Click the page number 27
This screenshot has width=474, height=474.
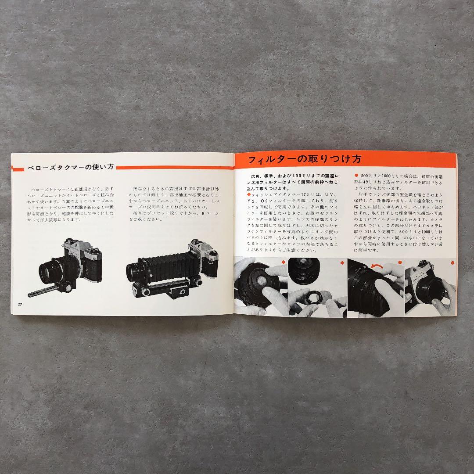point(20,305)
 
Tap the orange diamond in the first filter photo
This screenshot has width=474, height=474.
point(284,262)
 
